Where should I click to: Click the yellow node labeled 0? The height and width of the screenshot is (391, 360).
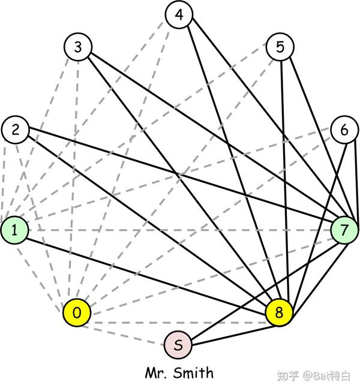tap(77, 312)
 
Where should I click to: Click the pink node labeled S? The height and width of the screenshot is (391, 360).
tap(178, 345)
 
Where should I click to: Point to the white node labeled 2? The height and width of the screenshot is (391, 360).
tap(16, 130)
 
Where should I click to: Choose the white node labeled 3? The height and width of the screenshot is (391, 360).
tap(78, 47)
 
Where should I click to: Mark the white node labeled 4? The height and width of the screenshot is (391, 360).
tap(178, 16)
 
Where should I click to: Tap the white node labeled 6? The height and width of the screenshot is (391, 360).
tap(344, 130)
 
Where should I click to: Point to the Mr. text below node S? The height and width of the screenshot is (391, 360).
tap(156, 372)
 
